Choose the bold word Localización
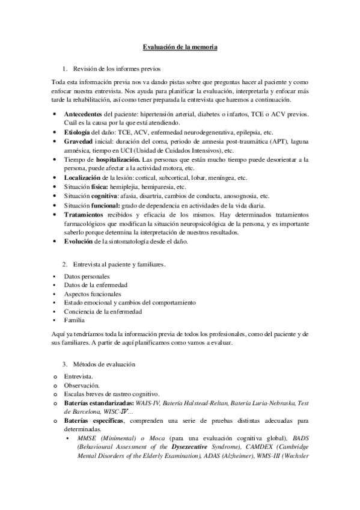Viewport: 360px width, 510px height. [x=82, y=179]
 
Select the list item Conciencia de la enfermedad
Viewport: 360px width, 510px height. [x=103, y=312]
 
